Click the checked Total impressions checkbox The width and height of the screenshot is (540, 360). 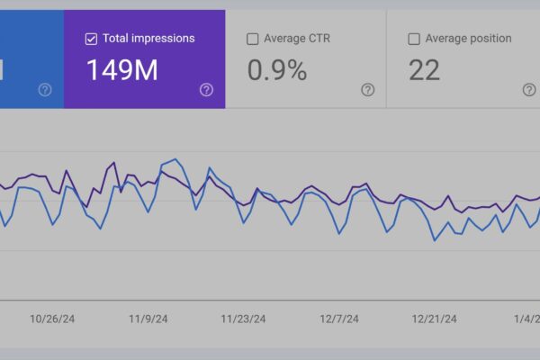click(x=91, y=39)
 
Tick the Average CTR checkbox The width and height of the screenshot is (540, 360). click(x=253, y=39)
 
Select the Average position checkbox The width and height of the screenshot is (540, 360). click(x=414, y=39)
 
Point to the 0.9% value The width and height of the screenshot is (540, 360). click(x=278, y=69)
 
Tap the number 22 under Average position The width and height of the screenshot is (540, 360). click(x=425, y=69)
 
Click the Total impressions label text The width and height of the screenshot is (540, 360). click(x=148, y=39)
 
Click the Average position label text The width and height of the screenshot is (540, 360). click(x=469, y=39)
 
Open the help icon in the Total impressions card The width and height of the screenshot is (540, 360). click(x=206, y=89)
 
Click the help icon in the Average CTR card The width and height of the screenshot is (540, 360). click(x=367, y=89)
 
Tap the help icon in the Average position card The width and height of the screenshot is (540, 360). click(x=529, y=89)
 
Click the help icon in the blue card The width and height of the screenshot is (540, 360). click(x=45, y=89)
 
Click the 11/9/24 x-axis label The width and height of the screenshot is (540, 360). click(x=149, y=319)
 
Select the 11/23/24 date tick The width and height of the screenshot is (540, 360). click(x=244, y=319)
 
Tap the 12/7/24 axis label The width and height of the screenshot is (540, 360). click(x=339, y=319)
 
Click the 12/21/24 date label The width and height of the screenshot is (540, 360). click(x=435, y=319)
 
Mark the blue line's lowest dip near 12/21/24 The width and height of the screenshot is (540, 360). click(x=435, y=240)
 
